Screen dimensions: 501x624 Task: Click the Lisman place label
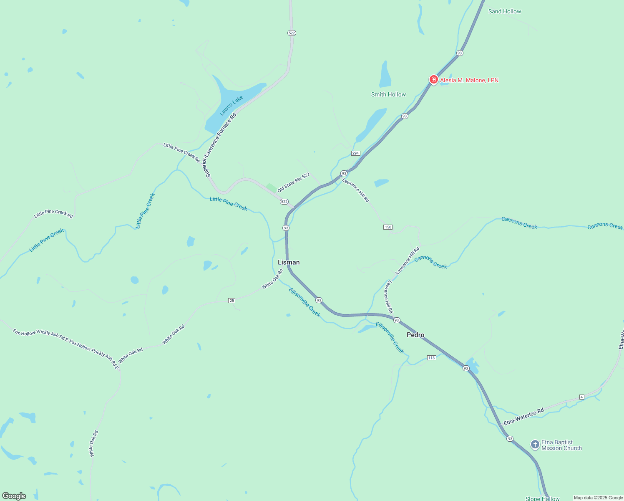pos(289,262)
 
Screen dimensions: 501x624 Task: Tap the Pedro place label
pos(415,335)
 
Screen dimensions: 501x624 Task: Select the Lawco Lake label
pos(231,106)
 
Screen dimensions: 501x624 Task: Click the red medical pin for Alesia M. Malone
pos(434,79)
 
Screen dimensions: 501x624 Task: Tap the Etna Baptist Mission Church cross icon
pos(535,445)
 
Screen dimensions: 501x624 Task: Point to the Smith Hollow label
pos(388,94)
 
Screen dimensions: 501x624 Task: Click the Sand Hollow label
pos(505,11)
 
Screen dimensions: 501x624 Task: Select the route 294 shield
pos(355,153)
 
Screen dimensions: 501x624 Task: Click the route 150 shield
pos(388,227)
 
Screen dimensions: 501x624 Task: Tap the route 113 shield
pos(431,358)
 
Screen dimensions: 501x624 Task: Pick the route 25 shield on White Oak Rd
pos(232,301)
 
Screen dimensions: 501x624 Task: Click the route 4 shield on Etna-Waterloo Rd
pos(582,397)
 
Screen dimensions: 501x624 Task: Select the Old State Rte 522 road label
pos(294,182)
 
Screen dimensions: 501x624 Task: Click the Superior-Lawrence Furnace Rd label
pos(221,145)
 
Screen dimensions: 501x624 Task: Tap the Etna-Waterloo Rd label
pos(523,417)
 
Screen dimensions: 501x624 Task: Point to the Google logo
pos(14,496)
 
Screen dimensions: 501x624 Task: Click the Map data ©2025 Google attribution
pos(598,498)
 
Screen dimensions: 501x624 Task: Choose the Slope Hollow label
pos(542,498)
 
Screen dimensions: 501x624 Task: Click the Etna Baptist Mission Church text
pos(561,445)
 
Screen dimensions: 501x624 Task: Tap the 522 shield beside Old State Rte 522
pos(284,202)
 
